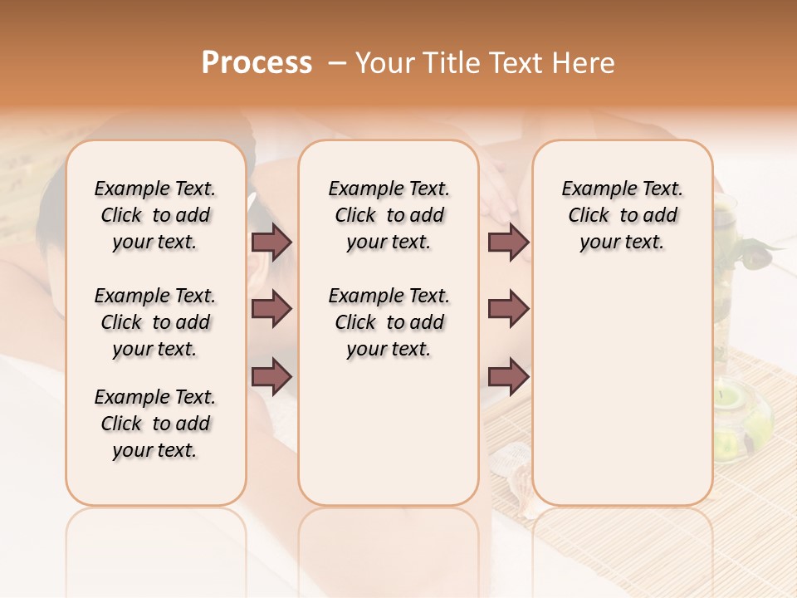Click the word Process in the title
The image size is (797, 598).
coord(257,63)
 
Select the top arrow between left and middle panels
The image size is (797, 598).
coord(271,242)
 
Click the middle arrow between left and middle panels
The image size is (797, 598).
coord(271,309)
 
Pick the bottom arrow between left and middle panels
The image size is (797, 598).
coord(271,375)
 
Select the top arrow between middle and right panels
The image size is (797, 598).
coord(508,242)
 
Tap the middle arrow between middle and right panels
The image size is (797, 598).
coord(508,309)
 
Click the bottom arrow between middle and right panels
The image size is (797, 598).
coord(508,375)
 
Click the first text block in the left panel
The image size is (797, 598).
coord(154,215)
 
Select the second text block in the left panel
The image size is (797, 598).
coord(154,322)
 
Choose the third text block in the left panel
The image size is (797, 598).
coord(154,424)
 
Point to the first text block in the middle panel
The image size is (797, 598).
coord(389,215)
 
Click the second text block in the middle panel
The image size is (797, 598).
coord(389,322)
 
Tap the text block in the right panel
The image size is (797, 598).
coord(622,215)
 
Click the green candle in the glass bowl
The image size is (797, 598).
coord(736,400)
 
